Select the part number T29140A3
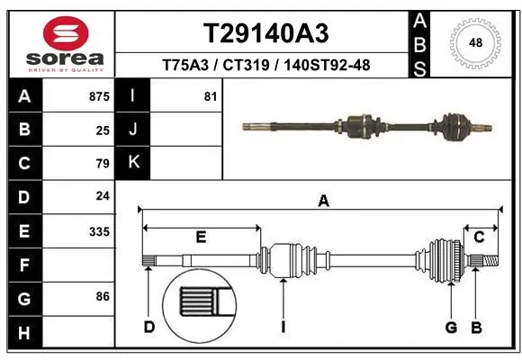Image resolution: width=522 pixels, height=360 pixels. [x=265, y=33]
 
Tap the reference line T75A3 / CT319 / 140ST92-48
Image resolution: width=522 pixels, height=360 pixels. [x=265, y=65]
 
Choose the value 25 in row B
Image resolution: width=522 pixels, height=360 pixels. [x=103, y=130]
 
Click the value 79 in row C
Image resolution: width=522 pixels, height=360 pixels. [x=103, y=164]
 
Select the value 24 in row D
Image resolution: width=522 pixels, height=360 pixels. [x=103, y=195]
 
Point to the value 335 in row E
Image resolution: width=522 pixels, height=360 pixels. [x=99, y=231]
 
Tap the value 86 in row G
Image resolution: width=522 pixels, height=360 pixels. [x=103, y=295]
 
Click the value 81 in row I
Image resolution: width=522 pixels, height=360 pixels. [x=211, y=95]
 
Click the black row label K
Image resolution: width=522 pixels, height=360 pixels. [x=133, y=162]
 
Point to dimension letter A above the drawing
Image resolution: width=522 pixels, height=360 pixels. [x=322, y=202]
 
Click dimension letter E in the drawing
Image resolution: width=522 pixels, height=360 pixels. [x=201, y=238]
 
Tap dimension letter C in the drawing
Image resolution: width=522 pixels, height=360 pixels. [x=479, y=238]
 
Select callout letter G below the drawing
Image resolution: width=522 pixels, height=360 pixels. [x=450, y=327]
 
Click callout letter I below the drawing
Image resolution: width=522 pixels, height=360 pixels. [x=283, y=327]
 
